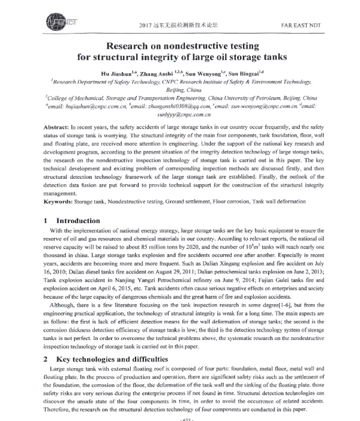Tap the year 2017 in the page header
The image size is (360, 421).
[146, 25]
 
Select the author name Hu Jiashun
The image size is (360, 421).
[118, 73]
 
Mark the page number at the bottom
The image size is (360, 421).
[179, 418]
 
